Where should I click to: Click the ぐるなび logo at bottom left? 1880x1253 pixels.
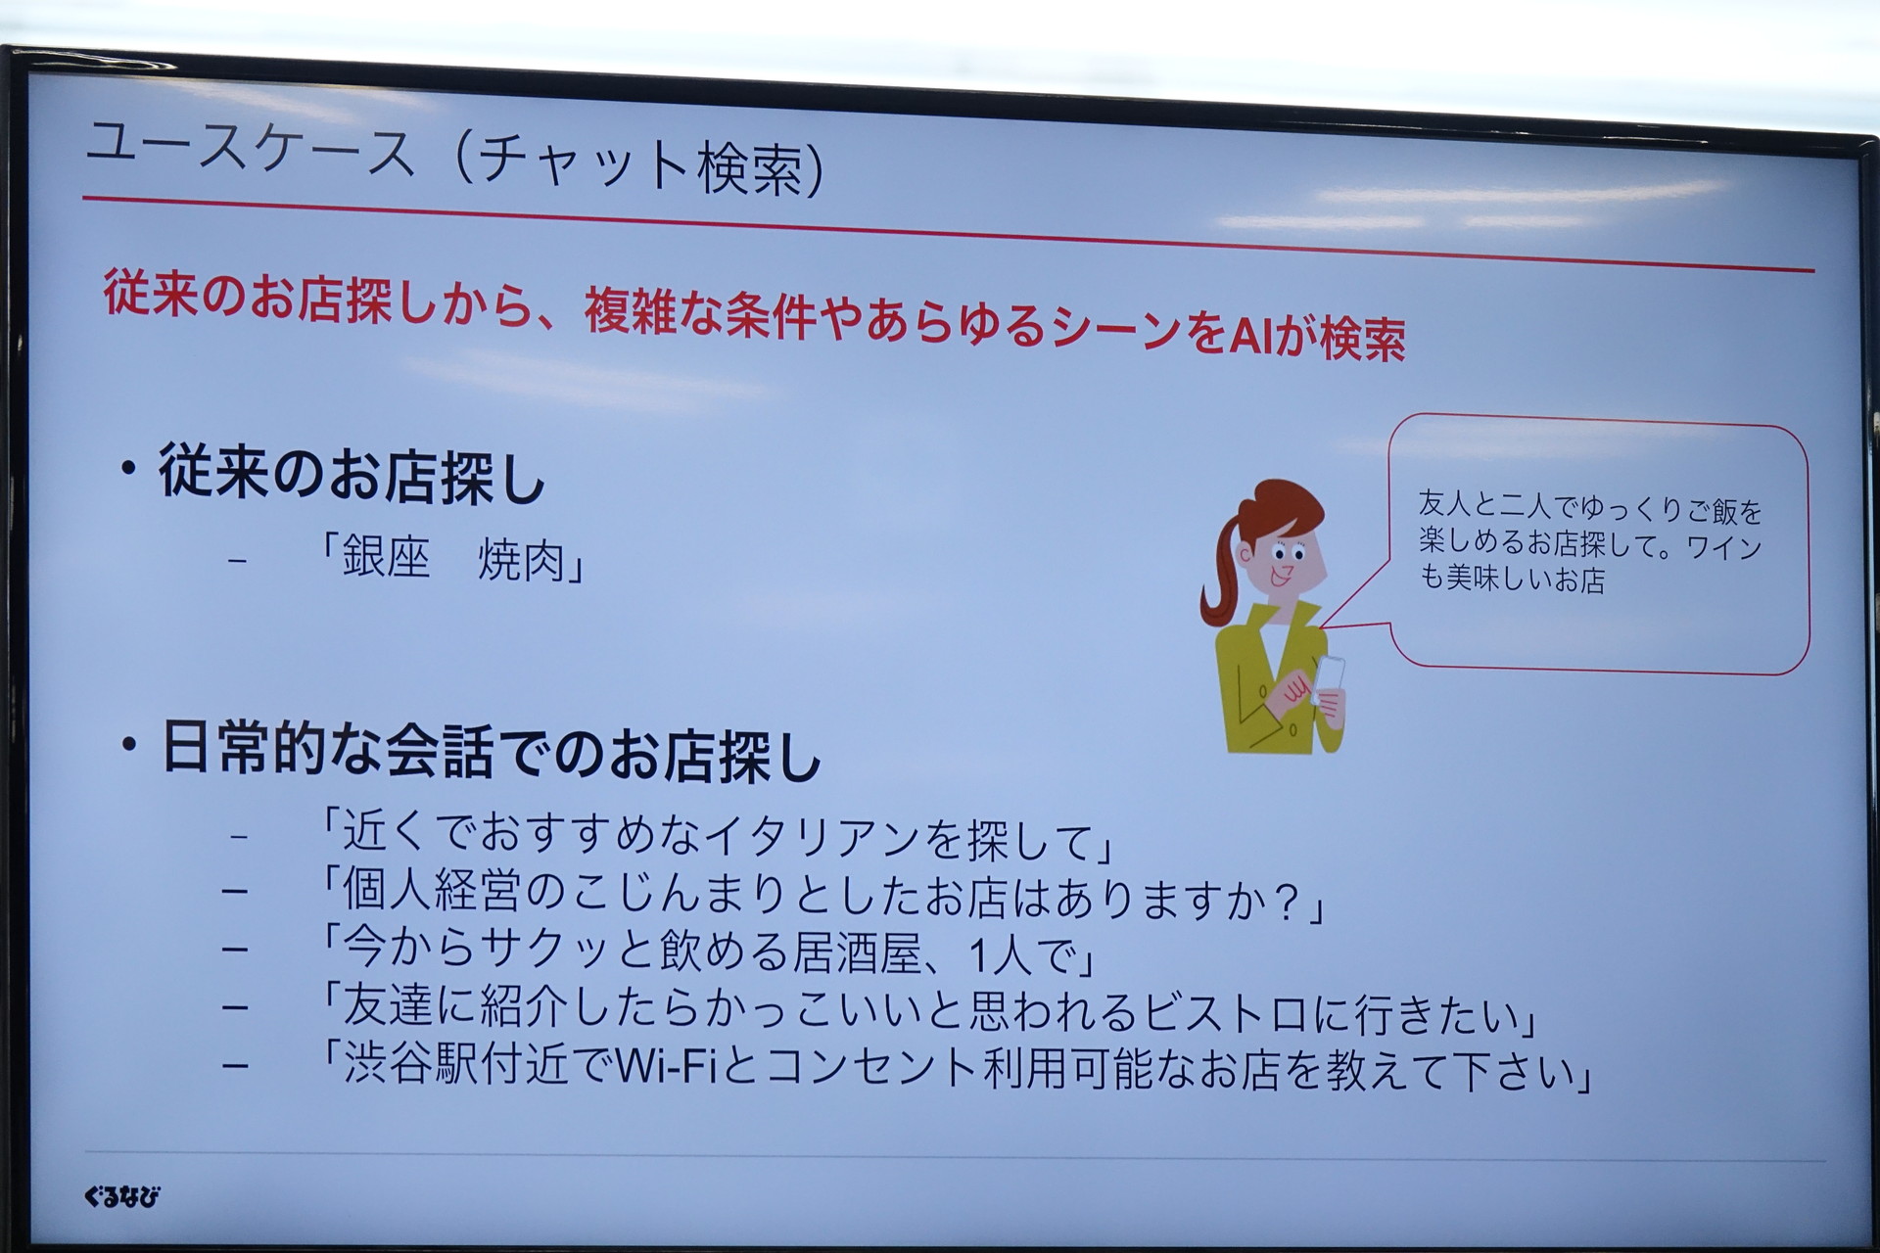(x=121, y=1196)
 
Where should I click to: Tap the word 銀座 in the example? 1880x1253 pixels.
(x=386, y=559)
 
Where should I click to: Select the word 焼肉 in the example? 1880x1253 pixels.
(x=522, y=561)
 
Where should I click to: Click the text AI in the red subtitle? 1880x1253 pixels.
(x=1251, y=336)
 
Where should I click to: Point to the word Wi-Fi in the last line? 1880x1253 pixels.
(x=666, y=1065)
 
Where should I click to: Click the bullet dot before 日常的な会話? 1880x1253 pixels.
(x=128, y=745)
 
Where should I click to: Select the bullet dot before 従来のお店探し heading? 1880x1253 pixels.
(x=127, y=469)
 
